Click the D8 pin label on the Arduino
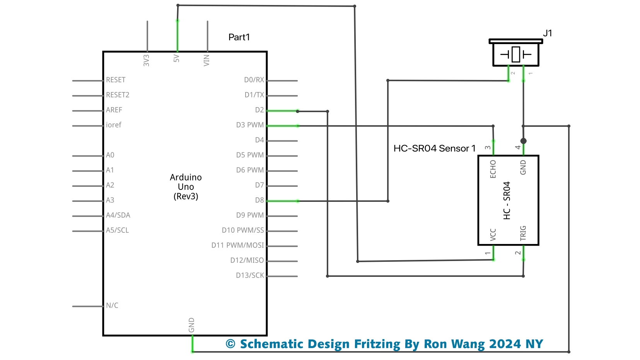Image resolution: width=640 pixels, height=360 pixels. coord(259,200)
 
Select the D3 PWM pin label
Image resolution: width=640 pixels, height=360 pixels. coord(250,125)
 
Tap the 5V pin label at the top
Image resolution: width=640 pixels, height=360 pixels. coord(176,58)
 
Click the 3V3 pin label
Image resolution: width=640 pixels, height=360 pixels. coord(146,60)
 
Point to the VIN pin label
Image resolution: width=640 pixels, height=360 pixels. coord(207,60)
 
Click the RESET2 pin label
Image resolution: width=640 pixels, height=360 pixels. coord(118,95)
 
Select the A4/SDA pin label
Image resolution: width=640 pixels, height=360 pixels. coord(118,215)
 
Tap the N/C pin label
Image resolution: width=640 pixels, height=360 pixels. coord(112,305)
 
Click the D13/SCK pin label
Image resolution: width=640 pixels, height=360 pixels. coord(250,275)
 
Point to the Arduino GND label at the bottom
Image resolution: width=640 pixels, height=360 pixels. coord(191,325)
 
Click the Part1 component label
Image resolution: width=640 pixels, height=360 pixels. coord(239,37)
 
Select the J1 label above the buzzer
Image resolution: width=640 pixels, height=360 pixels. coord(547,33)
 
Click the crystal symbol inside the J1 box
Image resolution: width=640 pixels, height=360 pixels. coord(515,54)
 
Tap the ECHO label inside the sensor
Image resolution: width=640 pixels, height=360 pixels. coord(493,169)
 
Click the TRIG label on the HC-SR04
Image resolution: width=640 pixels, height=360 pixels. coord(523,233)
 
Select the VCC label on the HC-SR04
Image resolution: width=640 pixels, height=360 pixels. coord(493,235)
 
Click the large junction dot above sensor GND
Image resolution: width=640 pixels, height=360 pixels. coord(523,141)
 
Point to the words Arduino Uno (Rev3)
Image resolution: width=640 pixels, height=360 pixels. coord(186,187)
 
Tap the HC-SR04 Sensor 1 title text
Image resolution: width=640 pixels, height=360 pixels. coord(434,148)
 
